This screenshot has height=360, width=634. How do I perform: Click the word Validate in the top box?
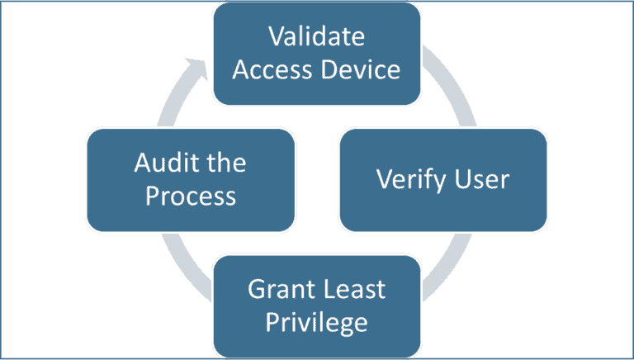[317, 38]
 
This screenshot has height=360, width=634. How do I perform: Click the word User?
[481, 179]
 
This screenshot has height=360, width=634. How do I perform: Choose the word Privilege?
[317, 322]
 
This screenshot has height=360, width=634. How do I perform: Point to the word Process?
[191, 196]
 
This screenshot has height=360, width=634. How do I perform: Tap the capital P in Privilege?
[272, 322]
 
